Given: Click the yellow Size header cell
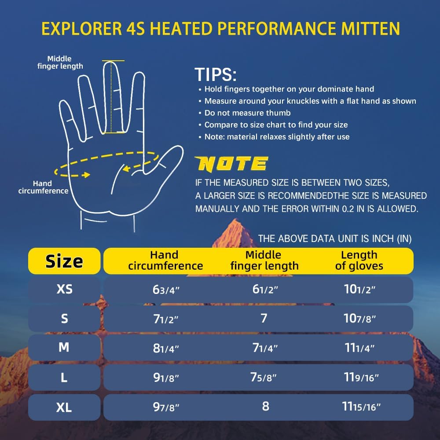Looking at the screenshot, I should click(x=64, y=261).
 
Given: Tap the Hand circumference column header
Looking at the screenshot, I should click(x=165, y=260).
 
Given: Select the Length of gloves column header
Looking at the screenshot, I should click(x=359, y=260).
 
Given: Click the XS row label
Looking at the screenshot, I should click(x=64, y=290).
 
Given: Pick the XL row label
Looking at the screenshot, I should click(x=64, y=407).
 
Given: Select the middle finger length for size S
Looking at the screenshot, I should click(x=264, y=319).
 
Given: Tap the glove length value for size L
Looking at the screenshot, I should click(x=362, y=378).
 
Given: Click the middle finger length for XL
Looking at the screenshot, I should click(x=265, y=406).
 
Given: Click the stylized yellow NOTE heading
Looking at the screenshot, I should click(x=232, y=164).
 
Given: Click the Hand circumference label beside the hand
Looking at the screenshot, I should click(x=43, y=187).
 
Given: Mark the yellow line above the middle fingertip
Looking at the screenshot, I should click(x=113, y=61).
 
